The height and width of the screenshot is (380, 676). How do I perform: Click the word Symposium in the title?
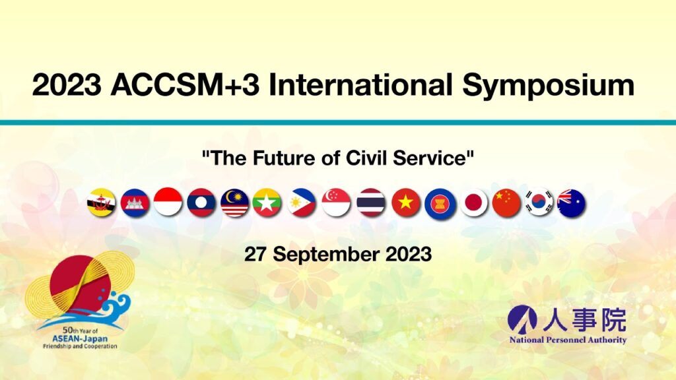(x=549, y=86)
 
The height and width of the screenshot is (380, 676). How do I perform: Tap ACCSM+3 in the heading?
(x=186, y=84)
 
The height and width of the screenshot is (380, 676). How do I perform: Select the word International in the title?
(x=360, y=84)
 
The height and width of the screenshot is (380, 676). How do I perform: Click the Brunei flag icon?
(x=101, y=203)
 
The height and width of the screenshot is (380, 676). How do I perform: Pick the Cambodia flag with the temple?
(x=135, y=203)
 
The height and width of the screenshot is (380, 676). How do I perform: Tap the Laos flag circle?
(x=201, y=203)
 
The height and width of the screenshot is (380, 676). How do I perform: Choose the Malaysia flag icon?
(x=235, y=203)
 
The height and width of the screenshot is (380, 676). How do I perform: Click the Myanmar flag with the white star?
(x=267, y=203)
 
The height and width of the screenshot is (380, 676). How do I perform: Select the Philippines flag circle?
(x=302, y=203)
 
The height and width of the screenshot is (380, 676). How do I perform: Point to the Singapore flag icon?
(x=336, y=203)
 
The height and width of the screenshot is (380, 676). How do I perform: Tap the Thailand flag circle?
(x=371, y=203)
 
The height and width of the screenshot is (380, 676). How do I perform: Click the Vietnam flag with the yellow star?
(x=406, y=203)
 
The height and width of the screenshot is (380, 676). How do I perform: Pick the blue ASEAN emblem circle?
(x=439, y=204)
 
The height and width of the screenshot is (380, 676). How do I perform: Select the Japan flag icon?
(x=474, y=203)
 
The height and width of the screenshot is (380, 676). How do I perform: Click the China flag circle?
(x=506, y=203)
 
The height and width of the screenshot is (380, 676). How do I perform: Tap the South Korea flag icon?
(x=539, y=203)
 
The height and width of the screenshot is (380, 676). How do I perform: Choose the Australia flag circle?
(x=571, y=203)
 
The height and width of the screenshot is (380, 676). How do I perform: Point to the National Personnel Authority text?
(x=568, y=340)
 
